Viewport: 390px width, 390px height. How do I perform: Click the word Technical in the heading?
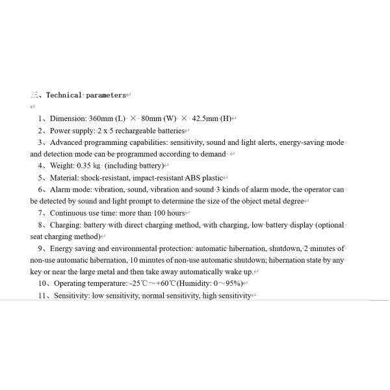64,95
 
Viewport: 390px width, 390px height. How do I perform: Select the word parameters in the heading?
106,95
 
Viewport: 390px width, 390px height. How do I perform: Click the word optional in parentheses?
331,225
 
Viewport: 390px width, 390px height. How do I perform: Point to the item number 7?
42,213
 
